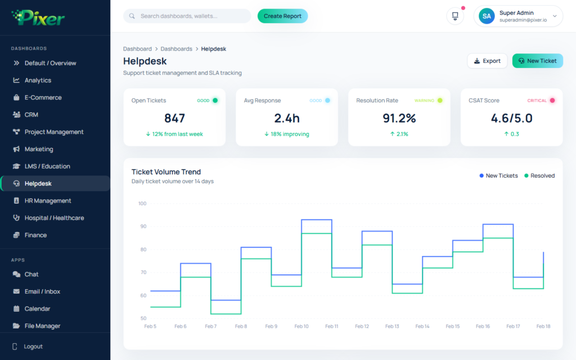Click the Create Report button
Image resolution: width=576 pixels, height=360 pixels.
[282, 16]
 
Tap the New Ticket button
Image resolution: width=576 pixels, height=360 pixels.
[537, 61]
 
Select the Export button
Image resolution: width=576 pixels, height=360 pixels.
[487, 61]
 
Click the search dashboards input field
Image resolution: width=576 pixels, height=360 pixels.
[187, 16]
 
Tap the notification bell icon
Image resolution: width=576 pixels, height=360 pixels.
[455, 16]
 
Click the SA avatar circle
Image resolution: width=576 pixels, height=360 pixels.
[487, 16]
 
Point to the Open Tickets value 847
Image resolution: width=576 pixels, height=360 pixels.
[174, 118]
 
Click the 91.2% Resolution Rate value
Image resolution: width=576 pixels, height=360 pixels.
[399, 118]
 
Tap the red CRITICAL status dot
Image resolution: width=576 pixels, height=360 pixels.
[552, 100]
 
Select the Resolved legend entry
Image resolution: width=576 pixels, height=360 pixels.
[539, 175]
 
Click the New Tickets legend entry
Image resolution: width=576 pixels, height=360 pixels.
[498, 175]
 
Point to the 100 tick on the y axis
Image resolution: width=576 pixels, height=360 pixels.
[142, 204]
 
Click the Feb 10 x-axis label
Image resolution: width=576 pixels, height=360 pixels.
[301, 326]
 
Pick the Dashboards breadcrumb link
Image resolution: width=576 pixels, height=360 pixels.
[176, 49]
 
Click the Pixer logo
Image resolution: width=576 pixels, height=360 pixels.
[38, 17]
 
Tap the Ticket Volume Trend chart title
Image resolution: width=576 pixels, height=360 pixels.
[166, 172]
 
